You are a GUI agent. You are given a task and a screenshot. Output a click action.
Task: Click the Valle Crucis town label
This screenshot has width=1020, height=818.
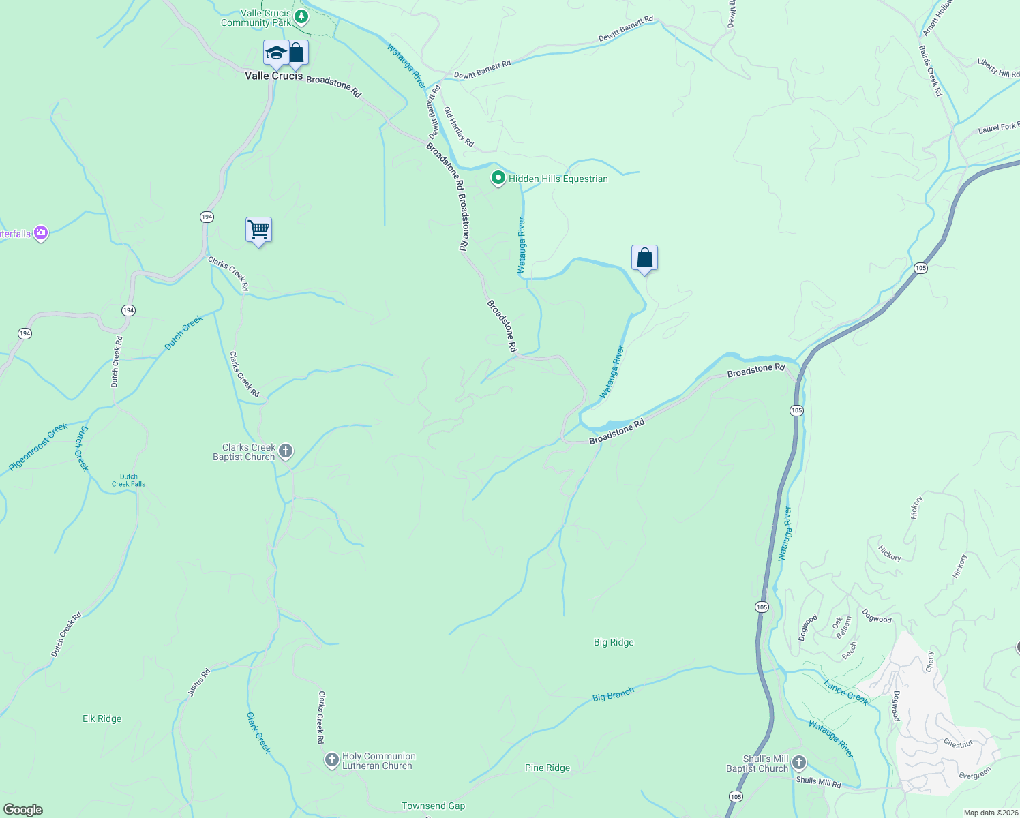coord(273,76)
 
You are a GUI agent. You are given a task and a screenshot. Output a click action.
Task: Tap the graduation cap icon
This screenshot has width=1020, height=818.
coord(276,52)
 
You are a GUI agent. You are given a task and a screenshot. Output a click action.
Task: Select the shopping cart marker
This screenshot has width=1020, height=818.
coord(258,230)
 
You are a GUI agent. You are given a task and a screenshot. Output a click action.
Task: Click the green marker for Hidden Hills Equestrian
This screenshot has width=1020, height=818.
coord(498,179)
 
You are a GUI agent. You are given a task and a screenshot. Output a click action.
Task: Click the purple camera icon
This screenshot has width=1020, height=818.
coord(41,234)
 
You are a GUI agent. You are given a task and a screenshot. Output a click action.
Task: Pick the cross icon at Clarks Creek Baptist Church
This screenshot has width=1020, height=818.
coord(286,451)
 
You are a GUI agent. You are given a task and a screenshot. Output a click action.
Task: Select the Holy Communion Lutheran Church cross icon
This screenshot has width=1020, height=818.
coord(332,759)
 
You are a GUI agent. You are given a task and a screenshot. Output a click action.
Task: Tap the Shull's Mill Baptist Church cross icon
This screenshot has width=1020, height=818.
coord(799,762)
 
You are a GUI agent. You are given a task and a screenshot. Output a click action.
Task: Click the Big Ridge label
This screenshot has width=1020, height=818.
coord(614,642)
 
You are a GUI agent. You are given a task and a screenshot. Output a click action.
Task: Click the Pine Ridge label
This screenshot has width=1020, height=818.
coord(547,768)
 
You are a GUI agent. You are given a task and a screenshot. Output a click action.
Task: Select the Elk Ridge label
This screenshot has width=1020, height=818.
coord(102,718)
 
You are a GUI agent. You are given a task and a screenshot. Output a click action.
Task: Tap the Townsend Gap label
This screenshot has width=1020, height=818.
coord(433,806)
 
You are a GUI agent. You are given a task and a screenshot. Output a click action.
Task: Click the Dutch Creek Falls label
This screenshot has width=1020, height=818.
coord(128,481)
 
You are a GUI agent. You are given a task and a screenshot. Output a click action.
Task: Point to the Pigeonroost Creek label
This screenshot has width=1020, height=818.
coord(38,447)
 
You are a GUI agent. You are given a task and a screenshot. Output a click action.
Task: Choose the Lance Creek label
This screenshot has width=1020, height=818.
coord(845,692)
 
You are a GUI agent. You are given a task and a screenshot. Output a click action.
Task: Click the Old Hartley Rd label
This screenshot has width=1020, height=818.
coord(458,127)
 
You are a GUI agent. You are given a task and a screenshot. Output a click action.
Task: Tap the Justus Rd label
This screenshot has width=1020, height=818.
coord(198,682)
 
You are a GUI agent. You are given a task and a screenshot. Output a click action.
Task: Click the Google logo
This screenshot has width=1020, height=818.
coord(23,809)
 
